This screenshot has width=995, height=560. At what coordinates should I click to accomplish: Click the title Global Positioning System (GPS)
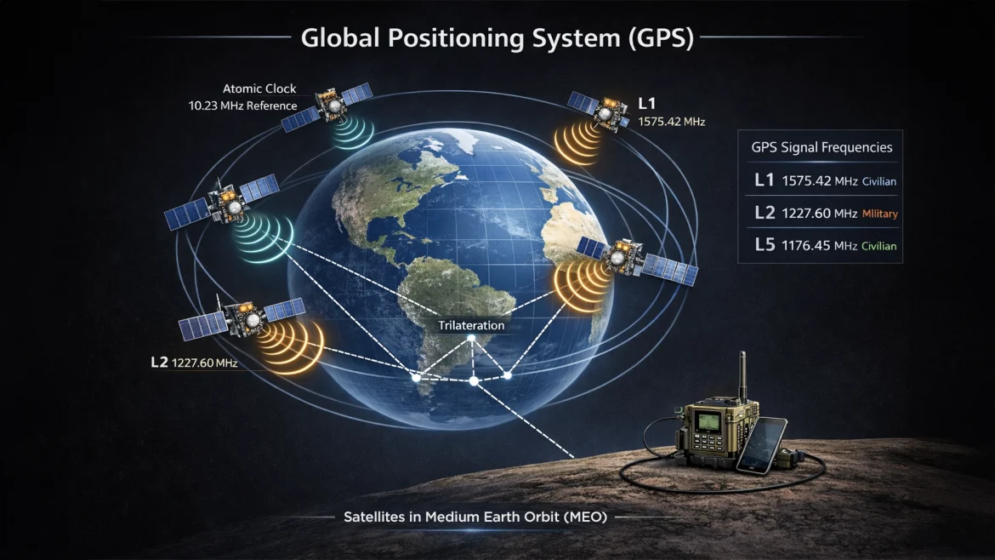pyautogui.click(x=497, y=38)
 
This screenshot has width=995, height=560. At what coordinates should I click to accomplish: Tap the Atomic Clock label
pyautogui.click(x=260, y=89)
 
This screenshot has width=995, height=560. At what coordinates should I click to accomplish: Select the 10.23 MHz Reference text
pyautogui.click(x=242, y=106)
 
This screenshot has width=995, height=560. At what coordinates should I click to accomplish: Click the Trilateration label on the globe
pyautogui.click(x=471, y=325)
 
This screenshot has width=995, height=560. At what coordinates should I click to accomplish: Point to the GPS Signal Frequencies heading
pyautogui.click(x=821, y=147)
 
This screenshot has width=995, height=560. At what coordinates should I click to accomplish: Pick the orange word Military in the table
pyautogui.click(x=880, y=214)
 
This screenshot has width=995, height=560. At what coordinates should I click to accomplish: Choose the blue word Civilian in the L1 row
pyautogui.click(x=879, y=181)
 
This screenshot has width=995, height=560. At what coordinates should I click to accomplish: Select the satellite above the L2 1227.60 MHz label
pyautogui.click(x=242, y=318)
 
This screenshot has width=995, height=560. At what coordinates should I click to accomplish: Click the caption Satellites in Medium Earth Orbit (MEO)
pyautogui.click(x=475, y=517)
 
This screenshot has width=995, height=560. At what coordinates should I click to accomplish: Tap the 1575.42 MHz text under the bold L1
pyautogui.click(x=671, y=122)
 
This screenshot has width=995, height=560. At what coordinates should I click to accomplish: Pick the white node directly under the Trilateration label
pyautogui.click(x=471, y=340)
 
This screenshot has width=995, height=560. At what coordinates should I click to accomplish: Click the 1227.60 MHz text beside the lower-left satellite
pyautogui.click(x=204, y=363)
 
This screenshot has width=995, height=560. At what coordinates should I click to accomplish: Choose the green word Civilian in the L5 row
pyautogui.click(x=879, y=246)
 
